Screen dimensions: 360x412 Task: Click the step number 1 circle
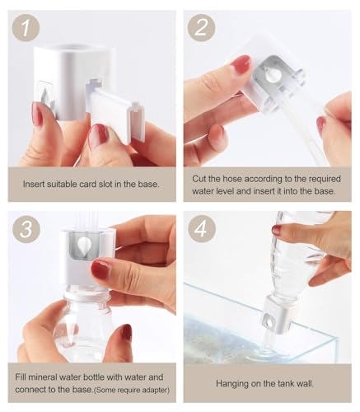[x=26, y=28]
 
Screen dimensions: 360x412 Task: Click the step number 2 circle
[x=201, y=28]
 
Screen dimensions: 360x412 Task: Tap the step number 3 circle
[x=26, y=228]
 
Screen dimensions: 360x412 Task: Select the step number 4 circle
[x=201, y=228]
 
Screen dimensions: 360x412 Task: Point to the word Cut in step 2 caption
[x=199, y=179]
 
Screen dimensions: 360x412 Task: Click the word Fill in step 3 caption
[x=21, y=377]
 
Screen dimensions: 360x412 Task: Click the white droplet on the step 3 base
[x=84, y=246]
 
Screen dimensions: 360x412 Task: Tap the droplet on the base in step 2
[x=273, y=73]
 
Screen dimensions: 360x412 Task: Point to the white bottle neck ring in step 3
[x=86, y=296]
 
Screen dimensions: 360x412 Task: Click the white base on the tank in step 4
[x=278, y=316]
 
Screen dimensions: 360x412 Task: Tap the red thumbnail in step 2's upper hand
[x=241, y=64]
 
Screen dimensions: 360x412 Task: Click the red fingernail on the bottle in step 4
[x=277, y=229]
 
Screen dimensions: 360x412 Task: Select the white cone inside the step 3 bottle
[x=69, y=333]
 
